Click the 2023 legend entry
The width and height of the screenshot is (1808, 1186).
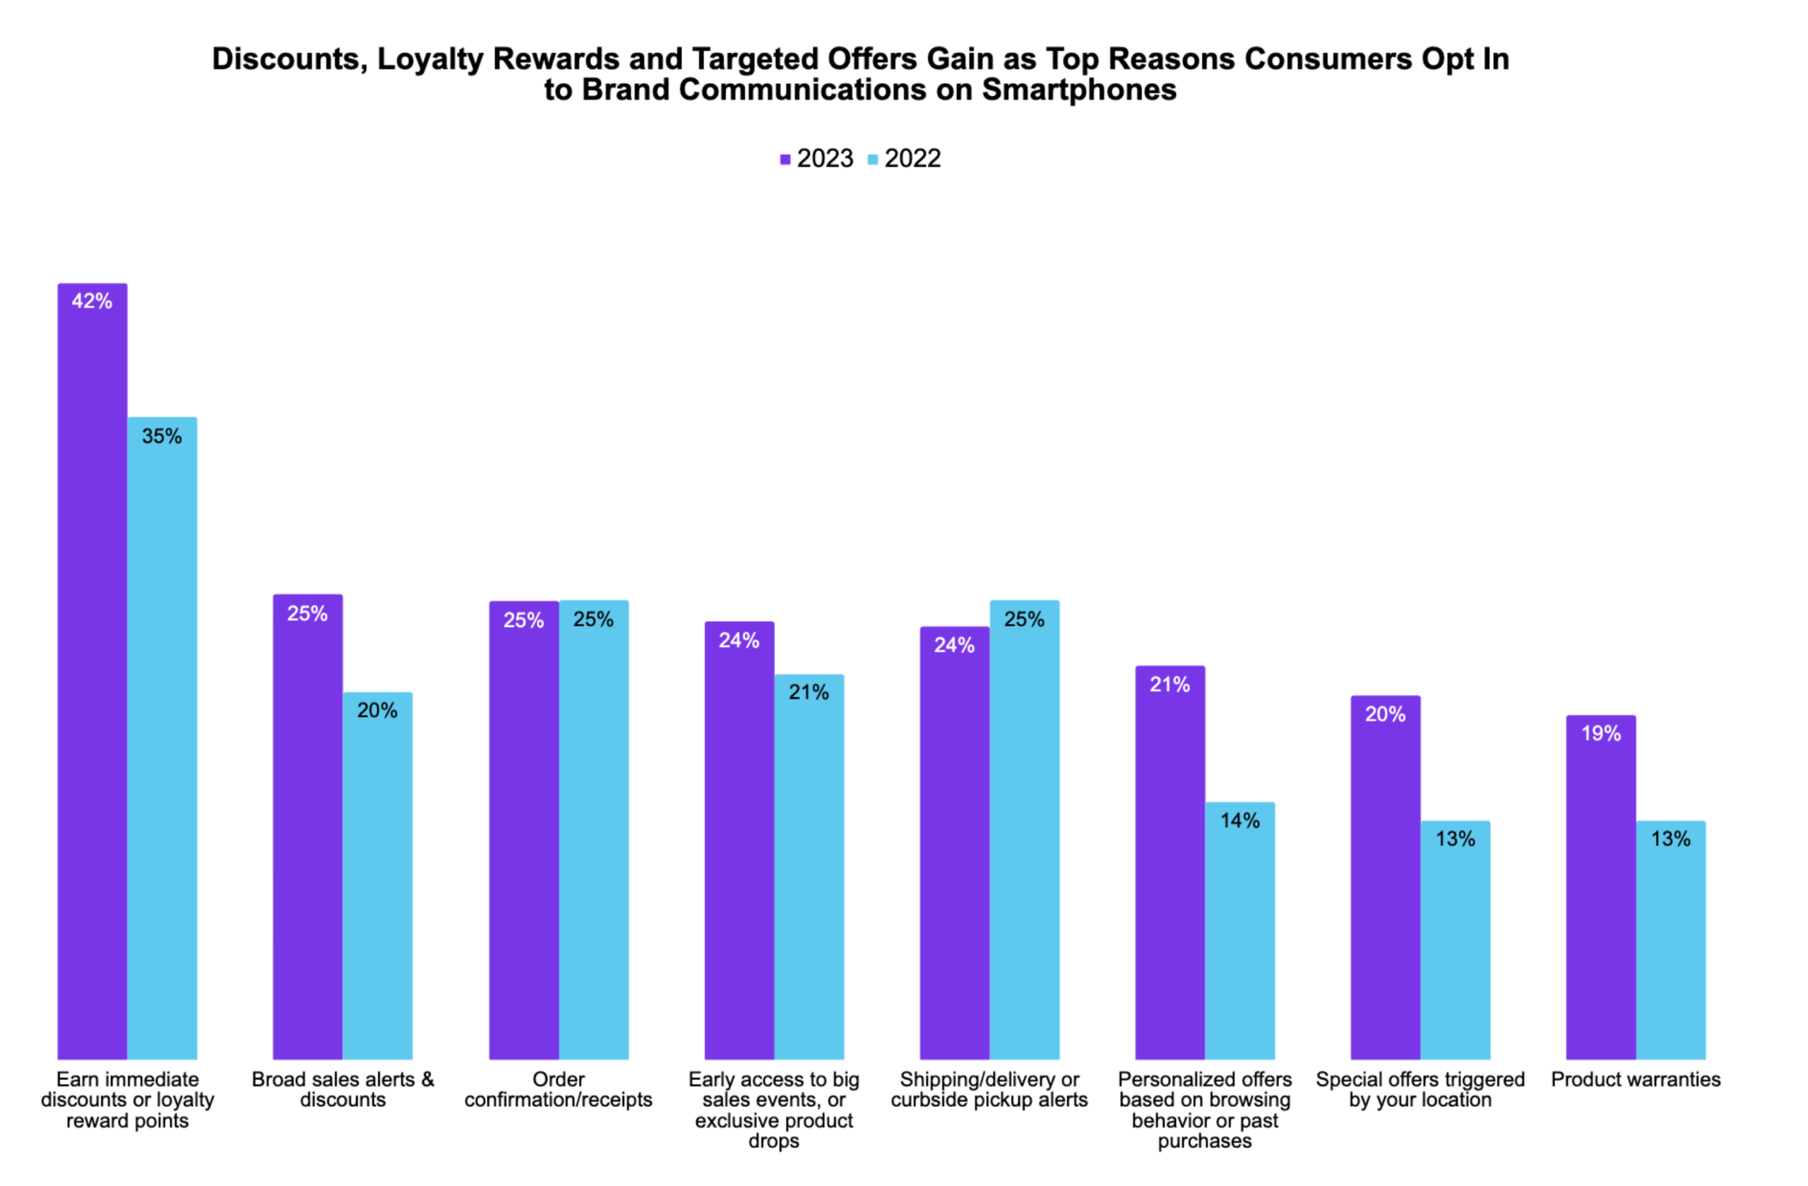pyautogui.click(x=816, y=159)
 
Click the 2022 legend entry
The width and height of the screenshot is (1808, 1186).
pyautogui.click(x=904, y=159)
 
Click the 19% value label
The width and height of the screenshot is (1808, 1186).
pyautogui.click(x=1600, y=734)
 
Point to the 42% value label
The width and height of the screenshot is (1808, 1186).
pyautogui.click(x=92, y=302)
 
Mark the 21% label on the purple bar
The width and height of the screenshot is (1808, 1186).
pyautogui.click(x=1169, y=685)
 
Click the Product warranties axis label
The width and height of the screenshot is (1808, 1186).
pyautogui.click(x=1636, y=1079)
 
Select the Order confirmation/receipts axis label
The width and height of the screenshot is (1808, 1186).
pyautogui.click(x=559, y=1089)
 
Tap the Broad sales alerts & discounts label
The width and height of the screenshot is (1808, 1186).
pyautogui.click(x=343, y=1089)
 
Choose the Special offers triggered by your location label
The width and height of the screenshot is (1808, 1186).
pyautogui.click(x=1420, y=1089)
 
